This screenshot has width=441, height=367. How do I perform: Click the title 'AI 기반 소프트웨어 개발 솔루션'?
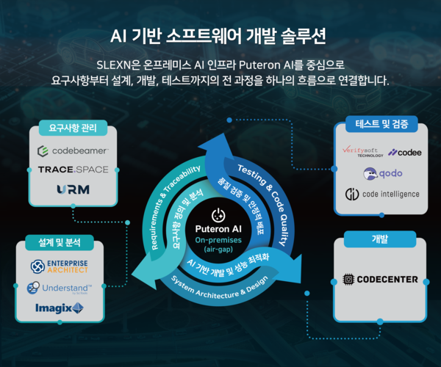pyautogui.click(x=220, y=35)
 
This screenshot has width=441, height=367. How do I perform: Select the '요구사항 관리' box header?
pyautogui.click(x=73, y=130)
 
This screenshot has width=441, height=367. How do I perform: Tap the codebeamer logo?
pyautogui.click(x=73, y=151)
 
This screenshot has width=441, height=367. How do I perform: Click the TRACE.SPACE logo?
pyautogui.click(x=73, y=170)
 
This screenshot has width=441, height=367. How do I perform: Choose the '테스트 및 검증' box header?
pyautogui.click(x=381, y=124)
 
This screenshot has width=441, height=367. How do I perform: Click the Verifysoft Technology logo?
pyautogui.click(x=359, y=152)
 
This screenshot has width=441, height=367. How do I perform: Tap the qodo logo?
pyautogui.click(x=381, y=173)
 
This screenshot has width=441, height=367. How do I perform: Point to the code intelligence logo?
pyautogui.click(x=382, y=194)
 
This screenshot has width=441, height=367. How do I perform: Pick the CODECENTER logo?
pyautogui.click(x=381, y=279)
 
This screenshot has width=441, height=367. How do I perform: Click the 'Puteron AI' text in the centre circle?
pyautogui.click(x=218, y=229)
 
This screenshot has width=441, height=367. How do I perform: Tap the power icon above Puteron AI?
pyautogui.click(x=218, y=214)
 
